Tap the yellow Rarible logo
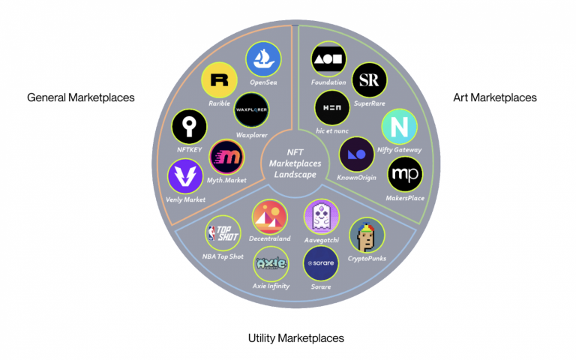point(220,80)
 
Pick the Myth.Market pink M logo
point(226,157)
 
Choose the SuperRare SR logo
point(368,79)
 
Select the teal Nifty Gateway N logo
point(399,127)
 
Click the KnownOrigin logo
point(357,154)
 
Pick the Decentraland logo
point(269,218)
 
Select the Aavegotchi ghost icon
point(322,217)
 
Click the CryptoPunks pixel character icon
point(367,236)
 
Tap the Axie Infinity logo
point(271,263)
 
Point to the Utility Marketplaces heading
point(295,338)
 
